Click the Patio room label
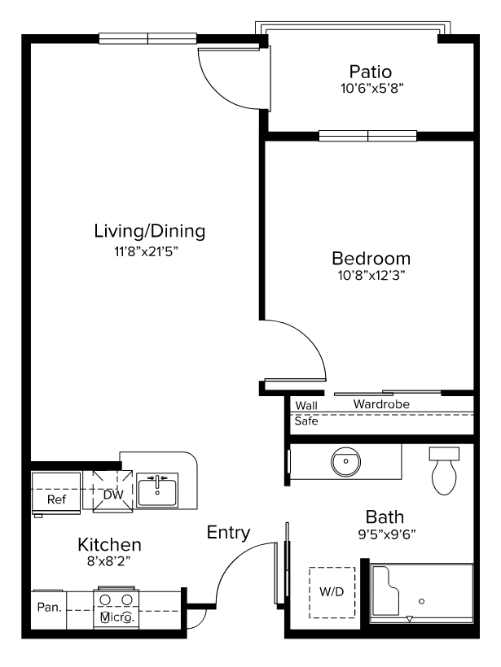coord(370,72)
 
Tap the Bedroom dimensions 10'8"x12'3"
coord(371,275)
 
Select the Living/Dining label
coord(150,231)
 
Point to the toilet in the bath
coord(444,470)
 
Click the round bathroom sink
coord(345,461)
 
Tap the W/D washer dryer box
coord(332,592)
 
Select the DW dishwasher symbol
coord(113,492)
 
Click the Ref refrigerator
coord(56,493)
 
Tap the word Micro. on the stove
coord(116,617)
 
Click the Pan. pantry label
coord(50,607)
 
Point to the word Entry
coord(228,533)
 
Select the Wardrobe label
coord(381,404)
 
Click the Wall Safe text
coord(306,413)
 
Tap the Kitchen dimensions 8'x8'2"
coord(108,561)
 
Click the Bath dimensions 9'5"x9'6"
coord(387,534)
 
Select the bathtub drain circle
coord(421,601)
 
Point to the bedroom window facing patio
coord(367,136)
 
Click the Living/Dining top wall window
coord(147,39)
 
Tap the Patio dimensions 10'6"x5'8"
coord(372,89)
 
